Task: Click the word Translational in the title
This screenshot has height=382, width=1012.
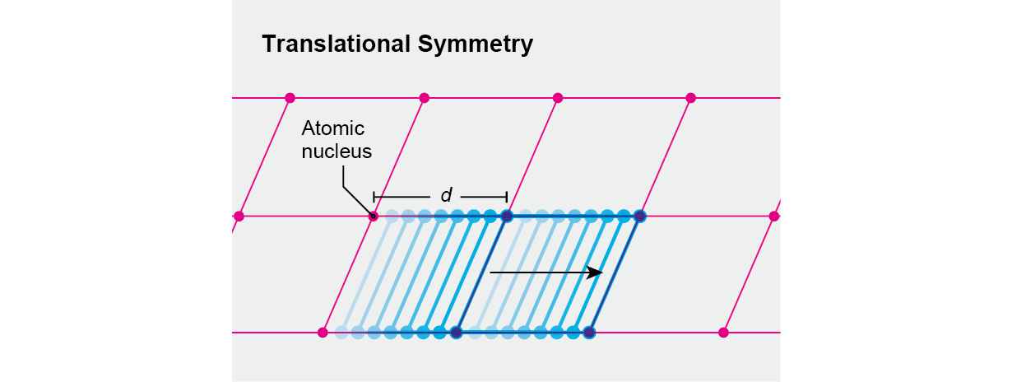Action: [337, 44]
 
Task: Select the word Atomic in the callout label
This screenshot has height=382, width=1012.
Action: [333, 128]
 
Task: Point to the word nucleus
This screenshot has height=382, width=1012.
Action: [337, 151]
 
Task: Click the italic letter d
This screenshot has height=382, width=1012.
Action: [447, 195]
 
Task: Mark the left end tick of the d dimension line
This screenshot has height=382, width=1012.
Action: [374, 197]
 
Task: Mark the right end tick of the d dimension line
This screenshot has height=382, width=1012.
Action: [507, 197]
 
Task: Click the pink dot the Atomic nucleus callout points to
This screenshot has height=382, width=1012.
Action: [374, 217]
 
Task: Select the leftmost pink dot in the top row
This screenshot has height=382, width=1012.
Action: [290, 98]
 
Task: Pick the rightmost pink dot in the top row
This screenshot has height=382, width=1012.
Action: [691, 98]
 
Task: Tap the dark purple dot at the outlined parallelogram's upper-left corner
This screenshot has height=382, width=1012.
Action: [507, 216]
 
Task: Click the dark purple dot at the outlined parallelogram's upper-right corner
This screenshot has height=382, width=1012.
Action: [640, 216]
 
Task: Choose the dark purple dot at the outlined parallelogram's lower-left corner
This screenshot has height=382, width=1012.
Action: [457, 333]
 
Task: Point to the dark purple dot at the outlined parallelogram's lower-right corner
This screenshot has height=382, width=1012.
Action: [589, 333]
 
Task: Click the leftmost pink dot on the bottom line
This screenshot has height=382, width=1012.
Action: [323, 333]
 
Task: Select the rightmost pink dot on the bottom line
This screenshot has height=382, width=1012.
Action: [723, 333]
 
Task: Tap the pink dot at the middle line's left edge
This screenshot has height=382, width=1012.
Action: [239, 216]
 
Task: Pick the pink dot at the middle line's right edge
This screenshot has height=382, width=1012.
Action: [774, 216]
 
